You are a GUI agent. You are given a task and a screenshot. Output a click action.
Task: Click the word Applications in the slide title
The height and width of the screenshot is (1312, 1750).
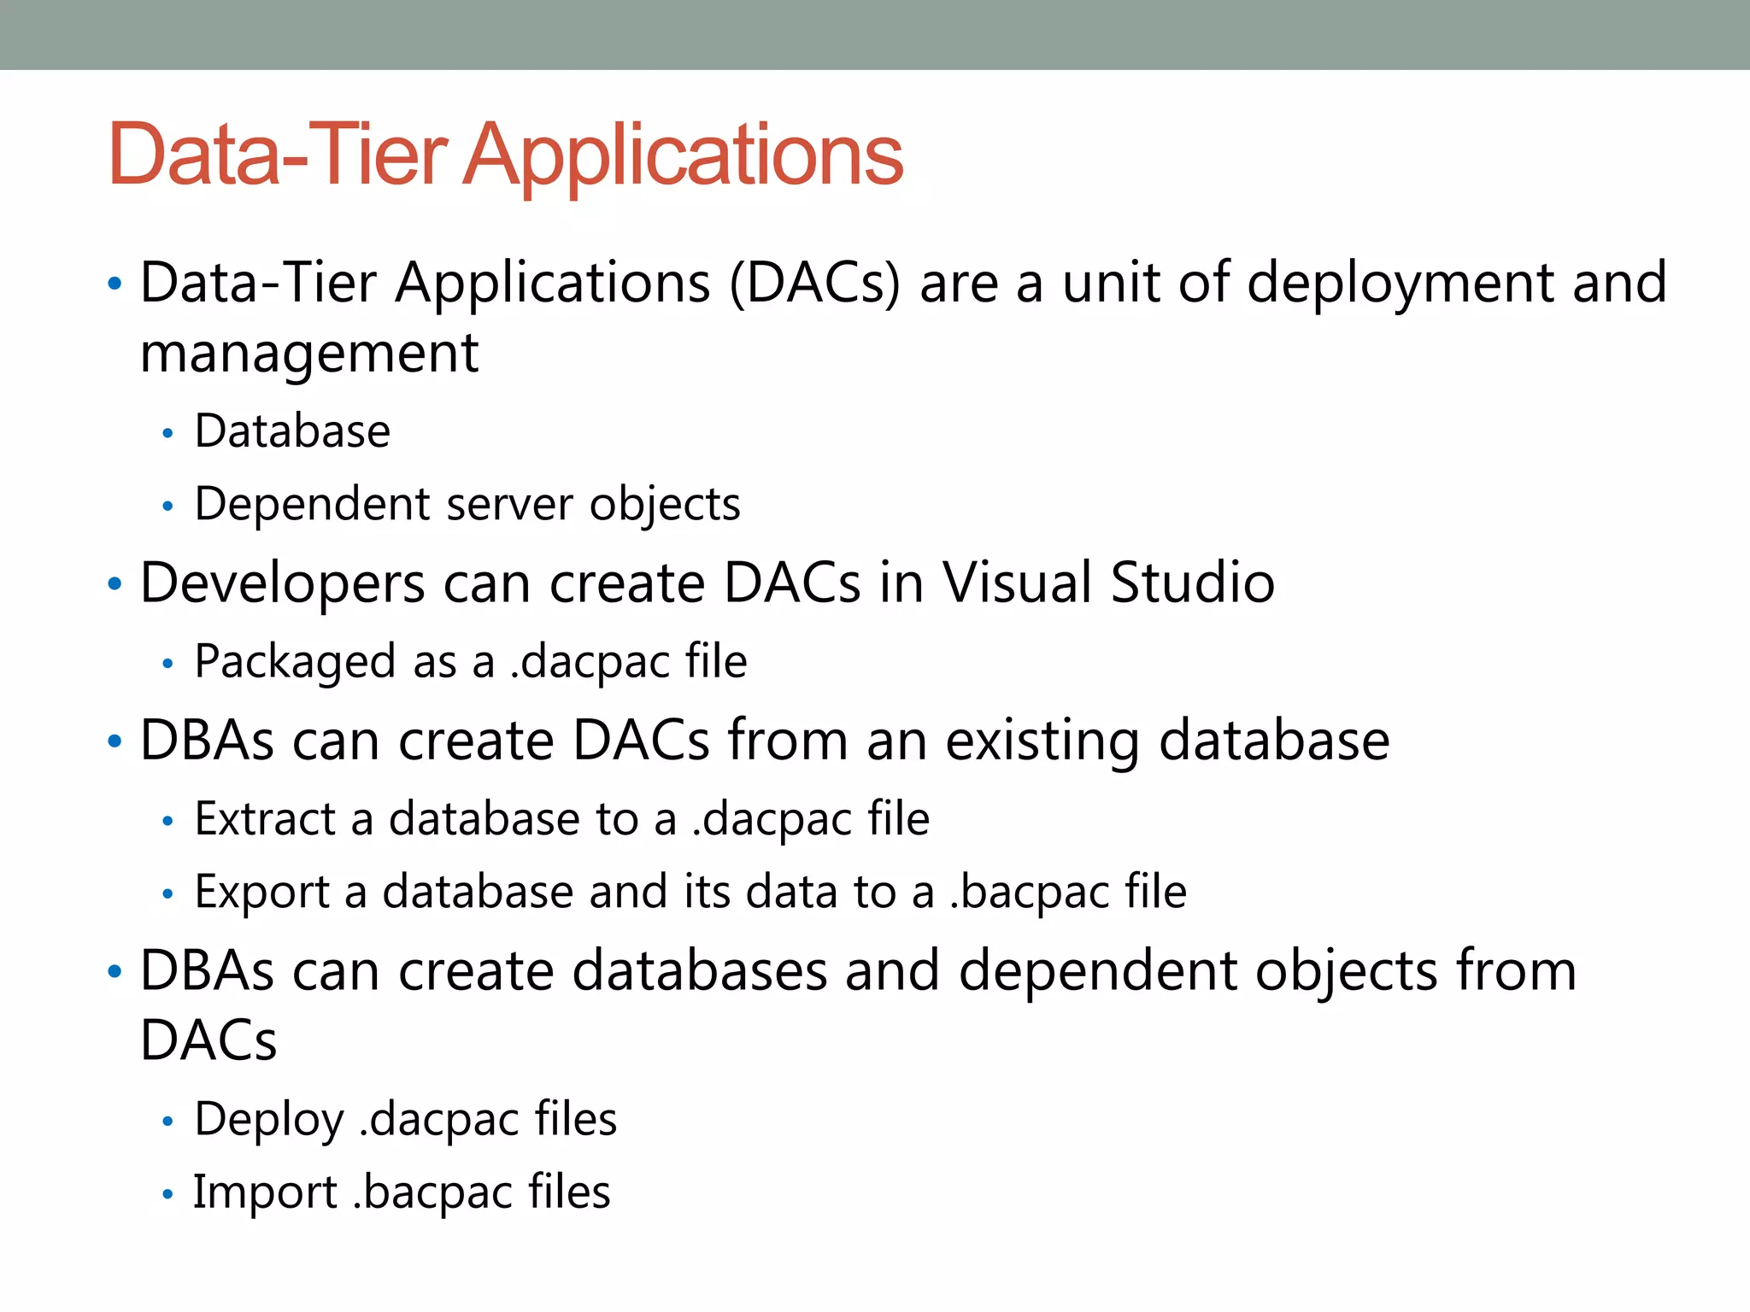pyautogui.click(x=682, y=156)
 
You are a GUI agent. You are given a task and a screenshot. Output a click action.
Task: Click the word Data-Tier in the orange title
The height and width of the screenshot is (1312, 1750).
pyautogui.click(x=278, y=155)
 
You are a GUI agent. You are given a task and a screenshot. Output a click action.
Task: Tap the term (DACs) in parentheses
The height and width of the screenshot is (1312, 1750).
pyautogui.click(x=814, y=283)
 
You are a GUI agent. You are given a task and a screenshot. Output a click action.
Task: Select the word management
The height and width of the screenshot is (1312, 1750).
pyautogui.click(x=308, y=354)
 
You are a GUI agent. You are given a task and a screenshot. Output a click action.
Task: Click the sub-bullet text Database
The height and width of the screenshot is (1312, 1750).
pyautogui.click(x=292, y=431)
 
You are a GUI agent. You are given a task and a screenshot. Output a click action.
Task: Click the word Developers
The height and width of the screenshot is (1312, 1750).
pyautogui.click(x=282, y=584)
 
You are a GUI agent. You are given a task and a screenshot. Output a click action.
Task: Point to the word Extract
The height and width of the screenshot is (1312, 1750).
pyautogui.click(x=265, y=819)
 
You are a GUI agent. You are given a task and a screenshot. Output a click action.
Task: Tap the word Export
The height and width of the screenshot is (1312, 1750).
pyautogui.click(x=261, y=893)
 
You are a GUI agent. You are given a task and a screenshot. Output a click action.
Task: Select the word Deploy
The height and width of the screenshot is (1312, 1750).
pyautogui.click(x=268, y=1120)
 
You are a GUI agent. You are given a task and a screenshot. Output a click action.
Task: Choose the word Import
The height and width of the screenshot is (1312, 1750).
pyautogui.click(x=265, y=1192)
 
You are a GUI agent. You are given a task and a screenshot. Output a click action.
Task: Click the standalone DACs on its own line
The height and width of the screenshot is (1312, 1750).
pyautogui.click(x=208, y=1041)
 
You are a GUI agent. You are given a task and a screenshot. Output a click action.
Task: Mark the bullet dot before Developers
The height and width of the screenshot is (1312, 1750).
pyautogui.click(x=115, y=585)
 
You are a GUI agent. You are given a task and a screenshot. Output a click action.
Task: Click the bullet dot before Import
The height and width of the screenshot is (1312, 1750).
pyautogui.click(x=167, y=1194)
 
